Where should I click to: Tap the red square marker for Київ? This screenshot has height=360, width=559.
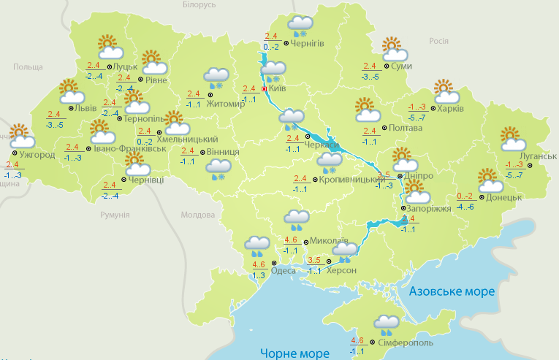pyautogui.click(x=264, y=89)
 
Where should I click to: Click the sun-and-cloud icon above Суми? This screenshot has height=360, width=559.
pyautogui.click(x=394, y=50)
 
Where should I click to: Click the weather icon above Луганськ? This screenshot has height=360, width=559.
pyautogui.click(x=512, y=139)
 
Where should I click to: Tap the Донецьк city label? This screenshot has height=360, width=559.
pyautogui.click(x=503, y=197)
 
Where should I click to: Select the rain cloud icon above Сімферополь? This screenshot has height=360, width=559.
pyautogui.click(x=387, y=323)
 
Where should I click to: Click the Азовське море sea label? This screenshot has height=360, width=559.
pyautogui.click(x=452, y=291)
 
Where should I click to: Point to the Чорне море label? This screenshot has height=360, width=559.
pyautogui.click(x=294, y=353)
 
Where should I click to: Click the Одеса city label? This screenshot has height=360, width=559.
pyautogui.click(x=284, y=270)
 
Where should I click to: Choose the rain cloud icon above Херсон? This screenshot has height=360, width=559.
pyautogui.click(x=344, y=252)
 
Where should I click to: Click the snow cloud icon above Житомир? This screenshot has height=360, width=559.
pyautogui.click(x=216, y=77)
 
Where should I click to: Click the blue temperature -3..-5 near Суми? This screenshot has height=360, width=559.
pyautogui.click(x=370, y=76)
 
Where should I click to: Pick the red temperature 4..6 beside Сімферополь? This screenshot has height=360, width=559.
pyautogui.click(x=357, y=340)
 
